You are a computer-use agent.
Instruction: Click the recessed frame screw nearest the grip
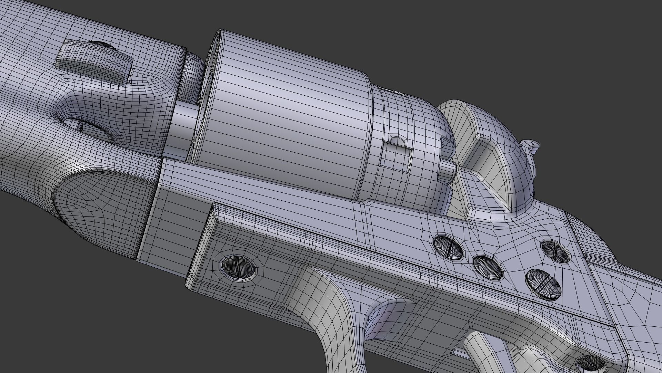[x=555, y=250]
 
